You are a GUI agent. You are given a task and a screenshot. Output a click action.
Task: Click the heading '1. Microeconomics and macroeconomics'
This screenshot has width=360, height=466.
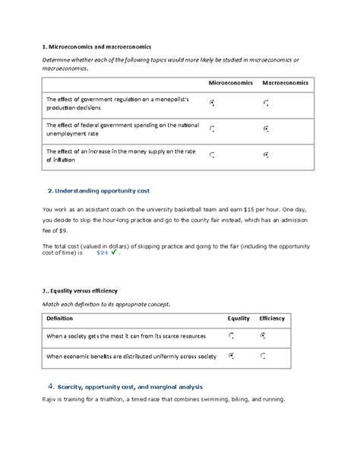click(97, 46)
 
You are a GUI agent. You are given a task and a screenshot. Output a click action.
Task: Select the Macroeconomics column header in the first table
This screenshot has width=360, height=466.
click(285, 82)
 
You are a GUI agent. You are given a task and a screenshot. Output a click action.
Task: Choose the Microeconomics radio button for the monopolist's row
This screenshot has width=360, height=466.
click(212, 102)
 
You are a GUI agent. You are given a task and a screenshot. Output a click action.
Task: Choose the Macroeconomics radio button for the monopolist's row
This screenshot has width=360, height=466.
click(266, 102)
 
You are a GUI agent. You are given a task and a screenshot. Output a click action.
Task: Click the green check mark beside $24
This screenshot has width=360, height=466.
click(114, 253)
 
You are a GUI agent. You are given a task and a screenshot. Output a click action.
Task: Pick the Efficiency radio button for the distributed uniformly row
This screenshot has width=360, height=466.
click(264, 355)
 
